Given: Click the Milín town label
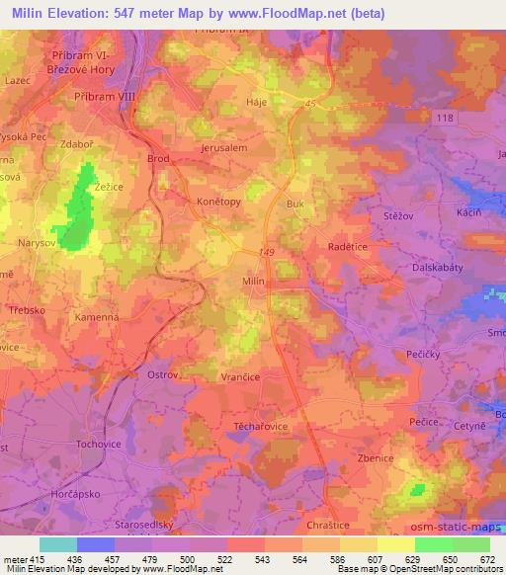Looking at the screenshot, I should coord(253,282).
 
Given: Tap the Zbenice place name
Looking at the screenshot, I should coord(377,458).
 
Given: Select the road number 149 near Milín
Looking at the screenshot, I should coord(267,252).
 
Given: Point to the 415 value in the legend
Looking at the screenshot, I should coord(37,558).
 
